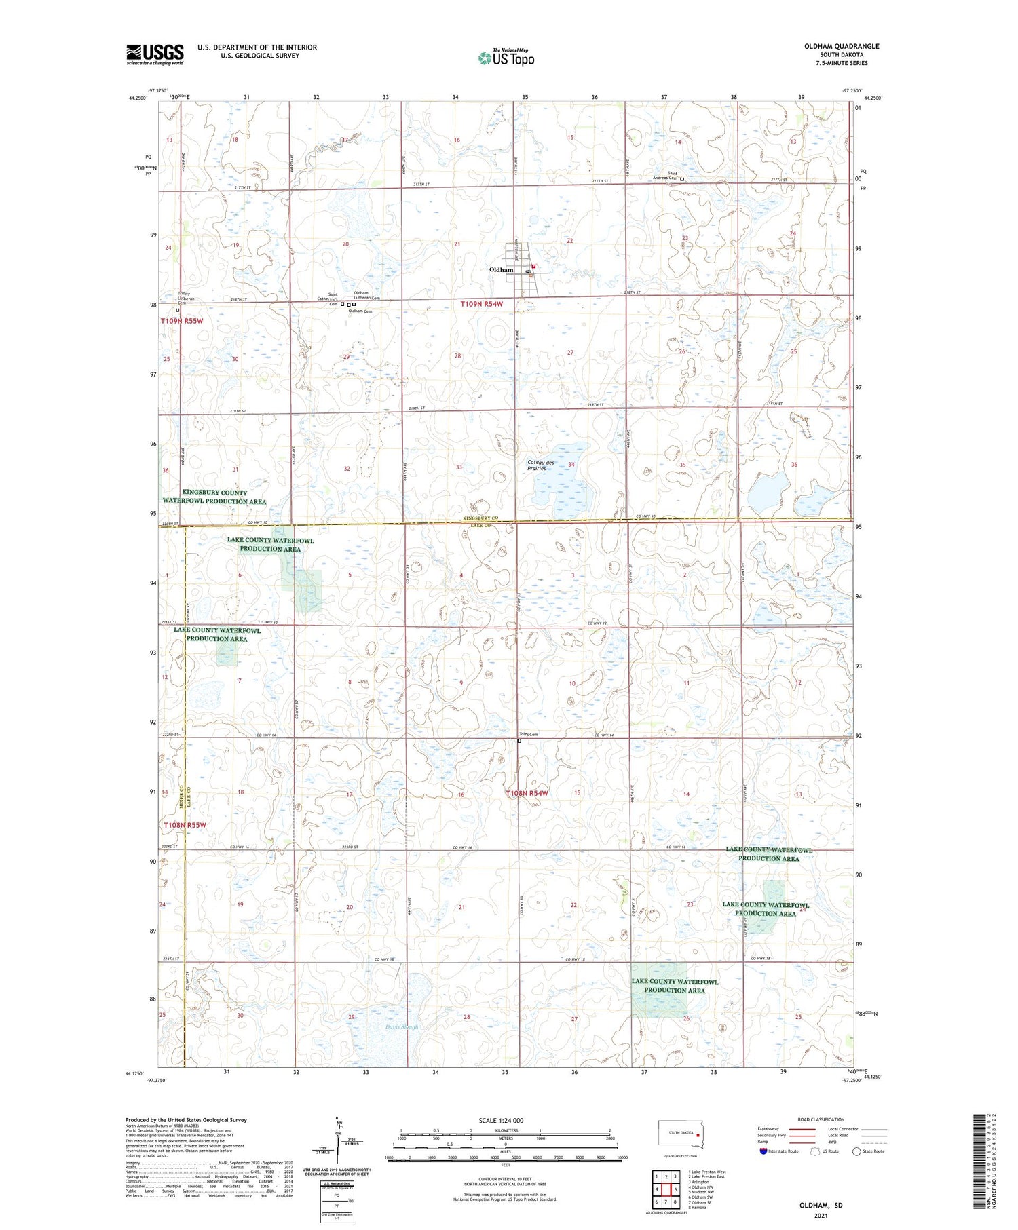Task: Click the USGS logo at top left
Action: click(x=155, y=54)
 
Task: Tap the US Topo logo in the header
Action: click(x=506, y=58)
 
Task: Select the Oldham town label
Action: click(x=501, y=270)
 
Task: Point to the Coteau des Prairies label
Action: click(x=541, y=465)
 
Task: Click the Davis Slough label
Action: click(x=402, y=1026)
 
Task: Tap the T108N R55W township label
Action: click(x=184, y=825)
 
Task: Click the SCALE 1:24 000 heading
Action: click(x=501, y=1120)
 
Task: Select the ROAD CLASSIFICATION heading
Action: click(x=821, y=1119)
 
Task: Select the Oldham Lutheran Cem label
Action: click(x=366, y=295)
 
